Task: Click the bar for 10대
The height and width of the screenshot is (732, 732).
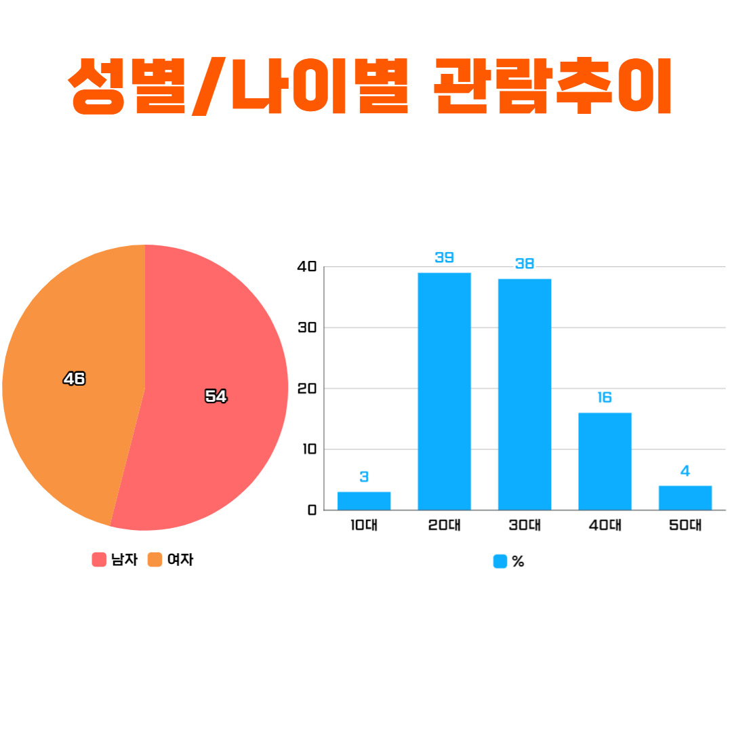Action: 364,500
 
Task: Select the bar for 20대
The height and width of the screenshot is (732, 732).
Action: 444,391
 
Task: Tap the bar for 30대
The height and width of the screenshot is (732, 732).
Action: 524,394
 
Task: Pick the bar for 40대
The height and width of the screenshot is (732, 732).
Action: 605,462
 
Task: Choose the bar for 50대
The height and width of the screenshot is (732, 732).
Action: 685,497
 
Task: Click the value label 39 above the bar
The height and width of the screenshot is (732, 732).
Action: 444,258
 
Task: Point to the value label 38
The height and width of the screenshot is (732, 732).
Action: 524,263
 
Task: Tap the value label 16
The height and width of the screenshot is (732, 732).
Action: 605,397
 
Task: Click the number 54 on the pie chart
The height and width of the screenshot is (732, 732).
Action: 216,396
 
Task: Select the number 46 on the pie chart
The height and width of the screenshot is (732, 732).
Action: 75,378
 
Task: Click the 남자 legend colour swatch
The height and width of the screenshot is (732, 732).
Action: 99,559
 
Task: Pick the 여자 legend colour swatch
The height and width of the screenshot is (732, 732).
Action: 155,559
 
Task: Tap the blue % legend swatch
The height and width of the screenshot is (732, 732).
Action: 500,561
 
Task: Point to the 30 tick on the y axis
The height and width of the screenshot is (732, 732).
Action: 307,328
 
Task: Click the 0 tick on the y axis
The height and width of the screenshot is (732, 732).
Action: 312,510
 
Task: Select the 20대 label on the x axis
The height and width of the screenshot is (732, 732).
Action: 444,525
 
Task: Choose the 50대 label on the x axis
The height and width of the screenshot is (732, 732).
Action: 685,525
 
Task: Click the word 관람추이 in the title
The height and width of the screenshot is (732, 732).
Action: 553,86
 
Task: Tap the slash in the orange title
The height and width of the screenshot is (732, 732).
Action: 209,86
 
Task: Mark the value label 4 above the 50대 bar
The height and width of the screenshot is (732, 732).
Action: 685,470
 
